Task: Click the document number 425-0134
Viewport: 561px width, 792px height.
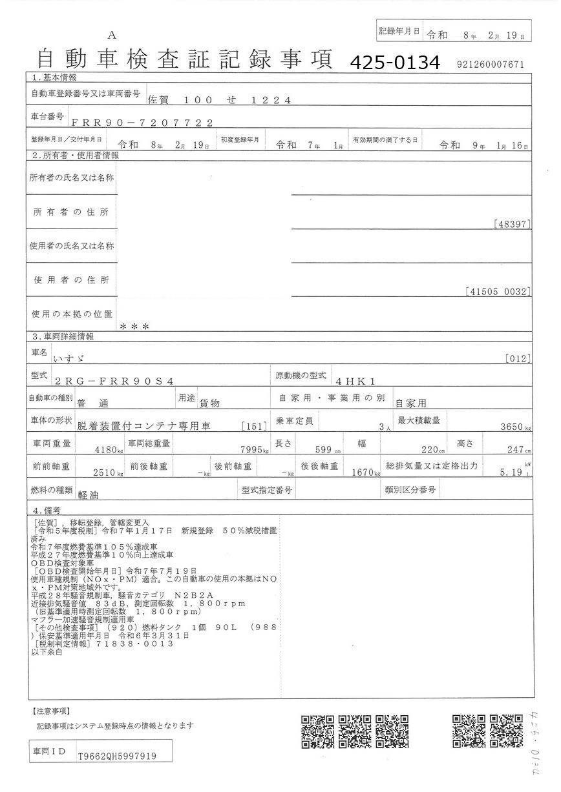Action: tap(395, 63)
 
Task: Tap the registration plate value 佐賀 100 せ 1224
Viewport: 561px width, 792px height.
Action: tap(220, 100)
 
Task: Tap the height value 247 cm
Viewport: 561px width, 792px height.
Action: tap(516, 450)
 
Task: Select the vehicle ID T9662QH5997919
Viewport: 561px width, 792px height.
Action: tap(116, 756)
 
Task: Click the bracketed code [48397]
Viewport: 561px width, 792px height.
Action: tap(511, 224)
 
